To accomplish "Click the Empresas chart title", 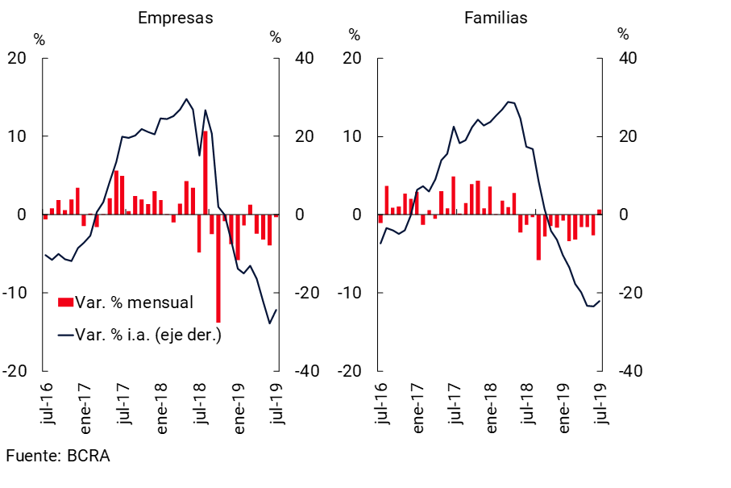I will (175, 18).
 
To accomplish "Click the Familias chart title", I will (496, 18).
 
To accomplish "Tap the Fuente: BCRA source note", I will (57, 456).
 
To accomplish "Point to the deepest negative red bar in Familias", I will (538, 237).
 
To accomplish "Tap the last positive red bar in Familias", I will (600, 212).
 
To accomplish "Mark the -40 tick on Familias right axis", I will (629, 371).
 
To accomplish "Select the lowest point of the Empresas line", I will (270, 323).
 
